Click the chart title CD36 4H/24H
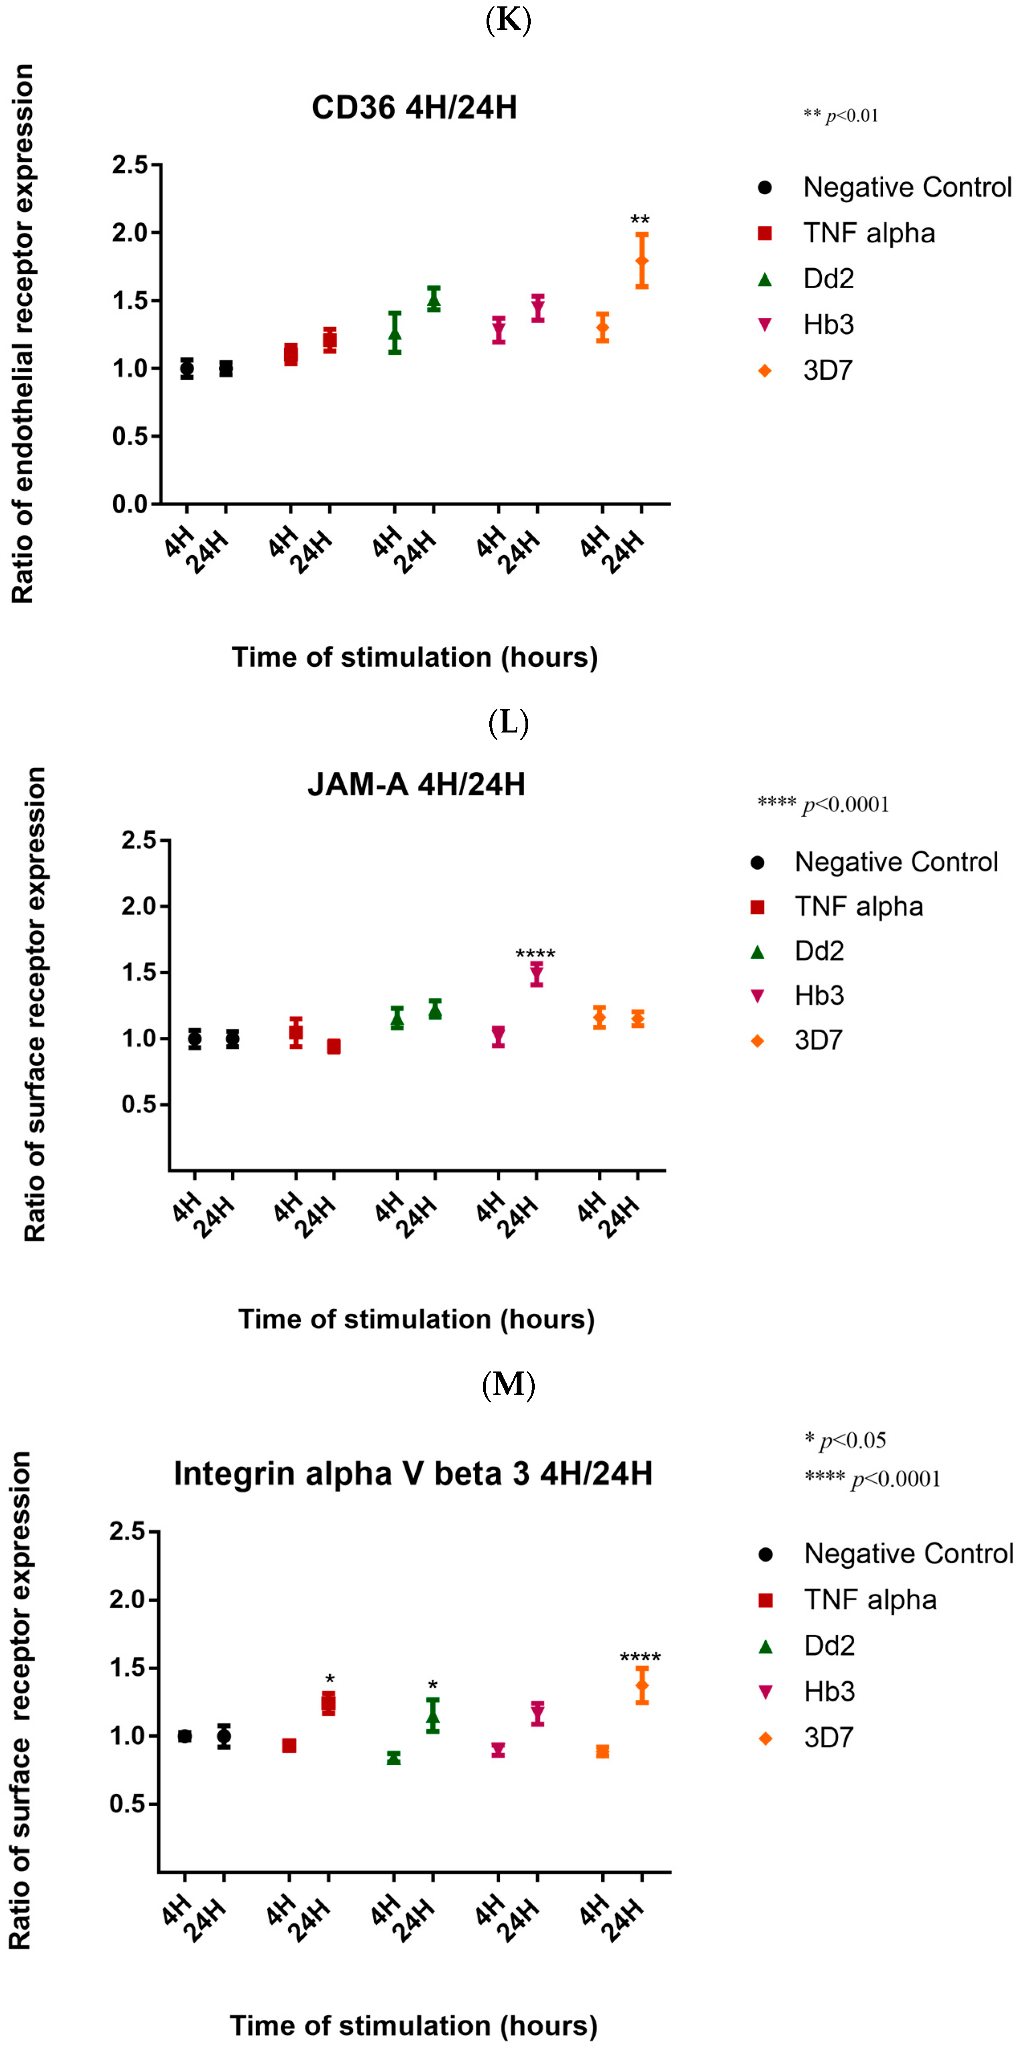pyautogui.click(x=414, y=107)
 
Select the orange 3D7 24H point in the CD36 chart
pyautogui.click(x=641, y=260)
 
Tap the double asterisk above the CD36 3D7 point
pyautogui.click(x=640, y=220)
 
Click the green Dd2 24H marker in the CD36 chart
pyautogui.click(x=433, y=299)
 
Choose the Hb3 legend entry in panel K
pyautogui.click(x=827, y=324)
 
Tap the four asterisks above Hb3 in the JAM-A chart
pyautogui.click(x=535, y=954)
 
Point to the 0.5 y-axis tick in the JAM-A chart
pyautogui.click(x=139, y=1105)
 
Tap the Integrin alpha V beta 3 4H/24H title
pyautogui.click(x=413, y=1474)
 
